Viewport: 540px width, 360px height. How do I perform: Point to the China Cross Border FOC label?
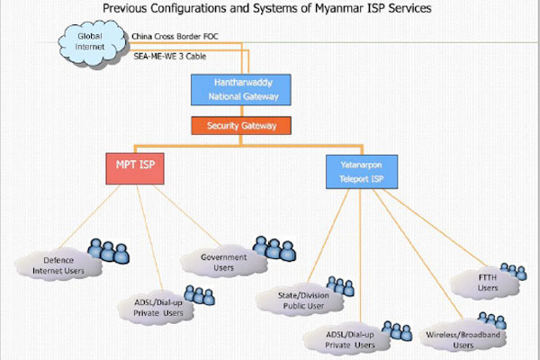(x=175, y=37)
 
